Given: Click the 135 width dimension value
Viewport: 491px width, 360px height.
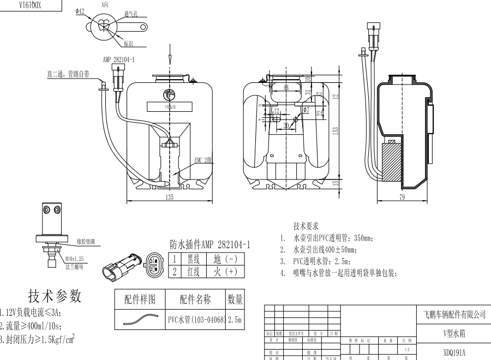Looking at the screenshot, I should pos(170,197).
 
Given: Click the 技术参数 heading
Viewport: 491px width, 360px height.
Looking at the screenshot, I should pos(55,296).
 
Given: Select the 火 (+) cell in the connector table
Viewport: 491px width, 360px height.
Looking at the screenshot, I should pos(225,271).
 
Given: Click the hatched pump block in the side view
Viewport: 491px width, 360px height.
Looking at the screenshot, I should pos(391,162).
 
